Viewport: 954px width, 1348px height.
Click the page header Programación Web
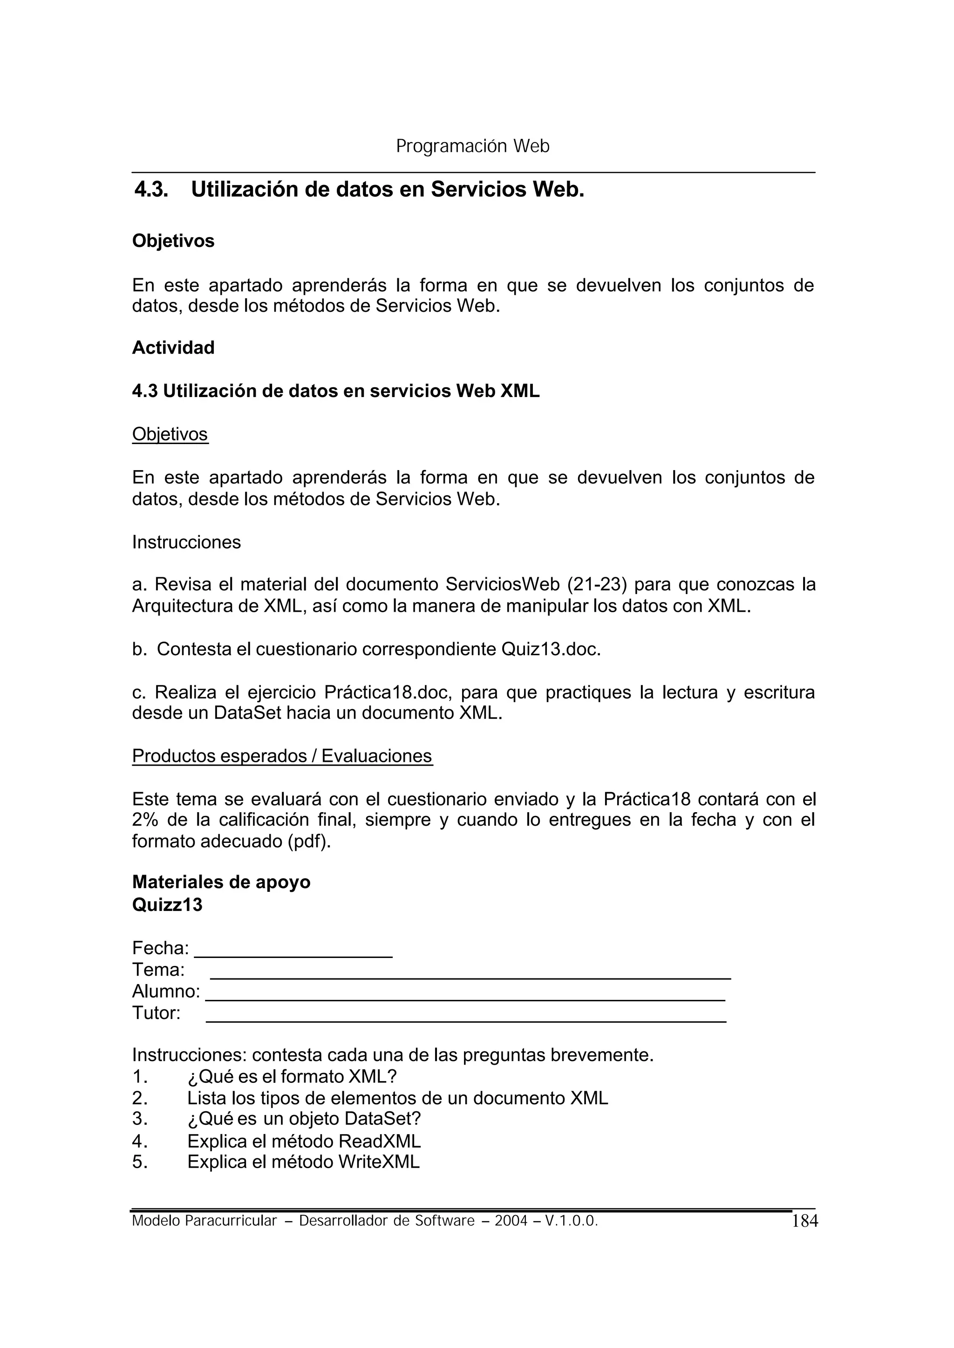(x=472, y=146)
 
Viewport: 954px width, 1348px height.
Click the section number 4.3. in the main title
(x=151, y=189)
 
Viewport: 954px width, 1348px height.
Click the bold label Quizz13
(x=167, y=904)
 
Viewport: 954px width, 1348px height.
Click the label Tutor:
(x=156, y=1013)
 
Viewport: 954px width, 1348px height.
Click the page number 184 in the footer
(x=805, y=1221)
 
